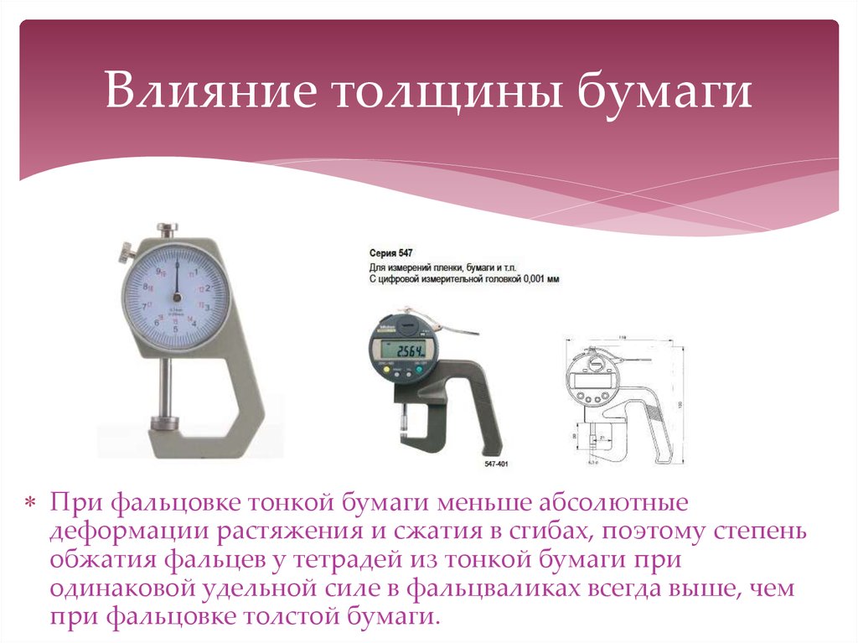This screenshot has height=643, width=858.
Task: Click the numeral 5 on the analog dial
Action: (x=176, y=329)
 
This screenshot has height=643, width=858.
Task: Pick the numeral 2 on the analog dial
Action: (x=207, y=288)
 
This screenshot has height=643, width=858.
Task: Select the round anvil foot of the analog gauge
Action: (x=163, y=423)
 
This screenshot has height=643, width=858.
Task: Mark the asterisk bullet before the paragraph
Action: (x=29, y=504)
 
